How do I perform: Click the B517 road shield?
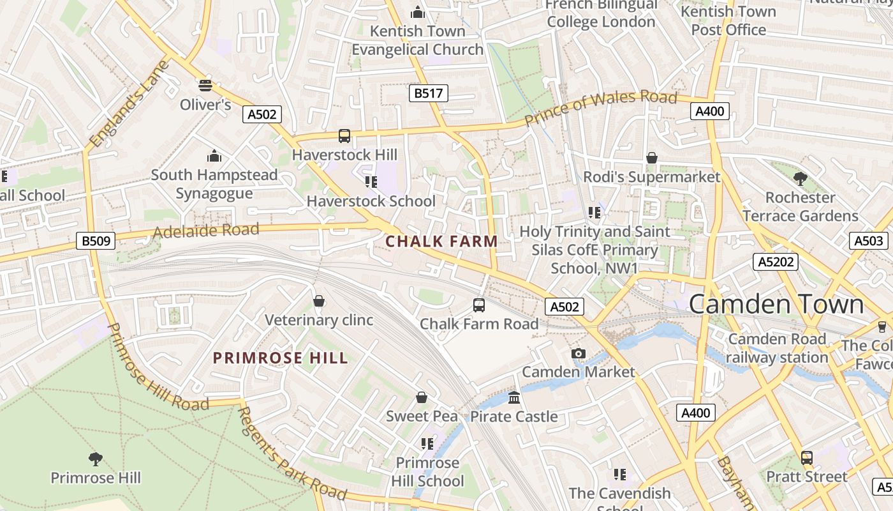(428, 93)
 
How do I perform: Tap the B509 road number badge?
(96, 241)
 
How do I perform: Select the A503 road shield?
(869, 240)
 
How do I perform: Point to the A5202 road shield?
(776, 261)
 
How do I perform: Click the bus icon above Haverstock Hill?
(344, 135)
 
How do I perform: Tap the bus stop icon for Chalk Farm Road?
(479, 305)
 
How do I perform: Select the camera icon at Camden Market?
(579, 353)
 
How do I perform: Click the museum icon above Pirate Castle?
(514, 398)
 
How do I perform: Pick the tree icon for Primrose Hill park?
(96, 458)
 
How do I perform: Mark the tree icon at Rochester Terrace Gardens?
(800, 178)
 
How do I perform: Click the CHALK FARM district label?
(441, 241)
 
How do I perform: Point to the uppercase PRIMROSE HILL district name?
(281, 358)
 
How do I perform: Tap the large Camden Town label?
(776, 304)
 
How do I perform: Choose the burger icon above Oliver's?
(205, 85)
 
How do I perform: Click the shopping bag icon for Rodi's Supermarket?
(652, 157)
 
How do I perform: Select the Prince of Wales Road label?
(600, 107)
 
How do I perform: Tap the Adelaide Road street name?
(206, 231)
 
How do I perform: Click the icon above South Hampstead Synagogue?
(214, 156)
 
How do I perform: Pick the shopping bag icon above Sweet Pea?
(422, 397)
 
